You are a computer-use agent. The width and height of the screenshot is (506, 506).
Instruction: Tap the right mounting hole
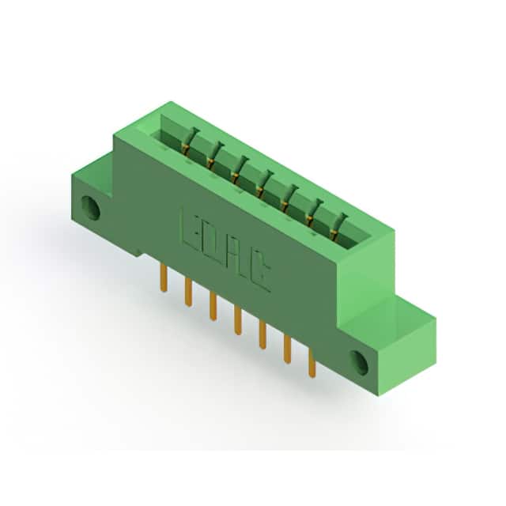pos(359,362)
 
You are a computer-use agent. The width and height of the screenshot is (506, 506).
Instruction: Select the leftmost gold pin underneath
pos(164,278)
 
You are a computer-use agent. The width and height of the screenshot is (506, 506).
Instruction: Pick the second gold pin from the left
pos(188,293)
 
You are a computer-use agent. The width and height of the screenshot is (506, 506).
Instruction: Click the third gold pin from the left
pos(213,307)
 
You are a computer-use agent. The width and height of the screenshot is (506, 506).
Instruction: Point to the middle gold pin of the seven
pos(238,321)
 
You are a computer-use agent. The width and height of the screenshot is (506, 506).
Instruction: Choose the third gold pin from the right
pos(262,335)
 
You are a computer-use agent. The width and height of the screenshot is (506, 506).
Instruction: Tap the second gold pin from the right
pos(287,349)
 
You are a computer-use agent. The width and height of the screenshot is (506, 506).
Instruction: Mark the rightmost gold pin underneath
pos(312,364)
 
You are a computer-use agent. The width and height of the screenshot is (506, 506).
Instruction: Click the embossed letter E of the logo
pos(191,231)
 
